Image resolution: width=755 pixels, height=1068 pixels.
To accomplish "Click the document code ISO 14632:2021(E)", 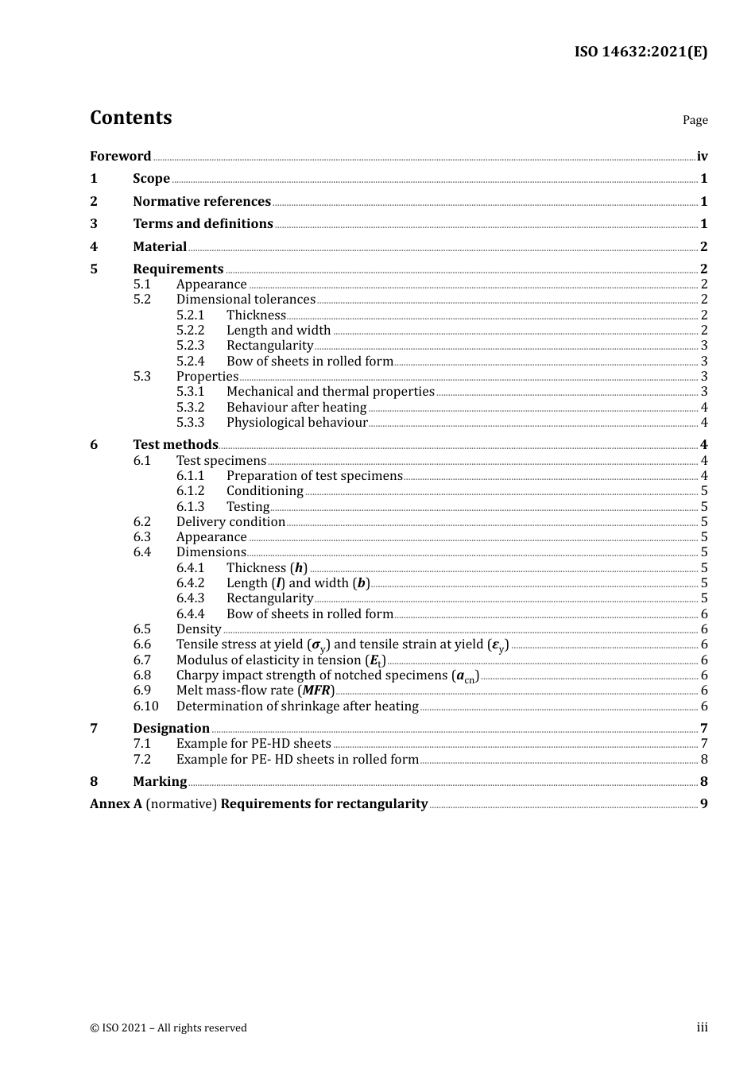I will [641, 52].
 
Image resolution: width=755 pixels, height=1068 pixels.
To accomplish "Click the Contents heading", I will [130, 118].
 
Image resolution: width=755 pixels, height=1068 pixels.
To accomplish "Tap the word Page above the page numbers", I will [695, 120].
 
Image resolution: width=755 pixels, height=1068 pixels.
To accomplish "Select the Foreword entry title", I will [120, 156].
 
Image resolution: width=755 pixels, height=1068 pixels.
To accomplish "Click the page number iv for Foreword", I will [702, 157].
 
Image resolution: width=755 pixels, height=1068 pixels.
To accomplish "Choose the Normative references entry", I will [202, 201].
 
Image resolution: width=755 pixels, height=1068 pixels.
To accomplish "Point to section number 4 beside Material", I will [94, 246].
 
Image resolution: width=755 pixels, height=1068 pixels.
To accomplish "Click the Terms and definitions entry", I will [203, 223].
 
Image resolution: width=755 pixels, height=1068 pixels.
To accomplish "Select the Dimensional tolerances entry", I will [246, 300].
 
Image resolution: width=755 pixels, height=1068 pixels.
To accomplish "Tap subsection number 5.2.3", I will [190, 346].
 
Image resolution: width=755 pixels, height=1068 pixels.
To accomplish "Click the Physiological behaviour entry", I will [296, 423].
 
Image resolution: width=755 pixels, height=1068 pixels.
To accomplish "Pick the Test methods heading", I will [175, 444].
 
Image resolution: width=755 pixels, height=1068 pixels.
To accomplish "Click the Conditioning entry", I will [265, 491].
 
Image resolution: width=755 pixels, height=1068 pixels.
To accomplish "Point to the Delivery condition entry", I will [230, 522].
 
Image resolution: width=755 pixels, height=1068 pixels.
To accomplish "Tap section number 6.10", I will [145, 706].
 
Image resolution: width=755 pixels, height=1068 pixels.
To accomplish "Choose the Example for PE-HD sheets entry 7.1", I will [254, 744].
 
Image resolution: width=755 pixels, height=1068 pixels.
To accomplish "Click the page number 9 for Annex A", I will [703, 803].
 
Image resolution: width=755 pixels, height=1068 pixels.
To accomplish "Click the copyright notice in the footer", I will [168, 1027].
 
